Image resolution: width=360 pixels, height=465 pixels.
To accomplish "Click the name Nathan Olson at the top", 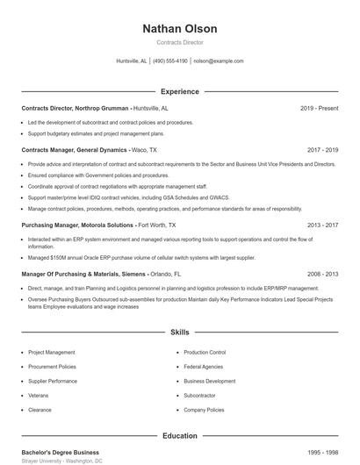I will (x=179, y=29).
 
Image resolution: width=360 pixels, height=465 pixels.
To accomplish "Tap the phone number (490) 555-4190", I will (x=169, y=61).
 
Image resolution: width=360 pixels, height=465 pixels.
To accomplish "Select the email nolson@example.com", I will (x=218, y=61).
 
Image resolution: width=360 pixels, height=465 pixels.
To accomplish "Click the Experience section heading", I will (x=180, y=91).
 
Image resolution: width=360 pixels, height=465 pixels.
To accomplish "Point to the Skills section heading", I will (x=180, y=333).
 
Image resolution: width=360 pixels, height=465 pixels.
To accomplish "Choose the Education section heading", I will (x=180, y=436).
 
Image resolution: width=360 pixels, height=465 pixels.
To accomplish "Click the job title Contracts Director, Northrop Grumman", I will (x=76, y=108).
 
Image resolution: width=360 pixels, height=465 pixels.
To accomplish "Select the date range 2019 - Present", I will (x=319, y=108).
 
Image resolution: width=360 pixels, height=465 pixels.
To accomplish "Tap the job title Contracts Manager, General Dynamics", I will (x=75, y=150).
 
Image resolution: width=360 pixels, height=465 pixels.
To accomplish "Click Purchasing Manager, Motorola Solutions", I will (x=78, y=225).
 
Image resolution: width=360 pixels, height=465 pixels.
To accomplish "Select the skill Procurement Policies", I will (x=52, y=367).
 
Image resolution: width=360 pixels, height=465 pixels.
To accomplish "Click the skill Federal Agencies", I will (x=204, y=367).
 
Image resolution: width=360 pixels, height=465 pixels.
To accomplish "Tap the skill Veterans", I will (x=40, y=396).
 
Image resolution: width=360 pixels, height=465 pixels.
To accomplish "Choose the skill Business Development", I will (x=210, y=381).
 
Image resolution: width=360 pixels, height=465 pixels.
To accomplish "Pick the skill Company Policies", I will (x=205, y=410).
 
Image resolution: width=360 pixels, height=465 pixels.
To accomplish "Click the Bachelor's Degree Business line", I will (x=60, y=452).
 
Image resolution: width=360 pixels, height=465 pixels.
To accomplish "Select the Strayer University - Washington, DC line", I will (x=61, y=461).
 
